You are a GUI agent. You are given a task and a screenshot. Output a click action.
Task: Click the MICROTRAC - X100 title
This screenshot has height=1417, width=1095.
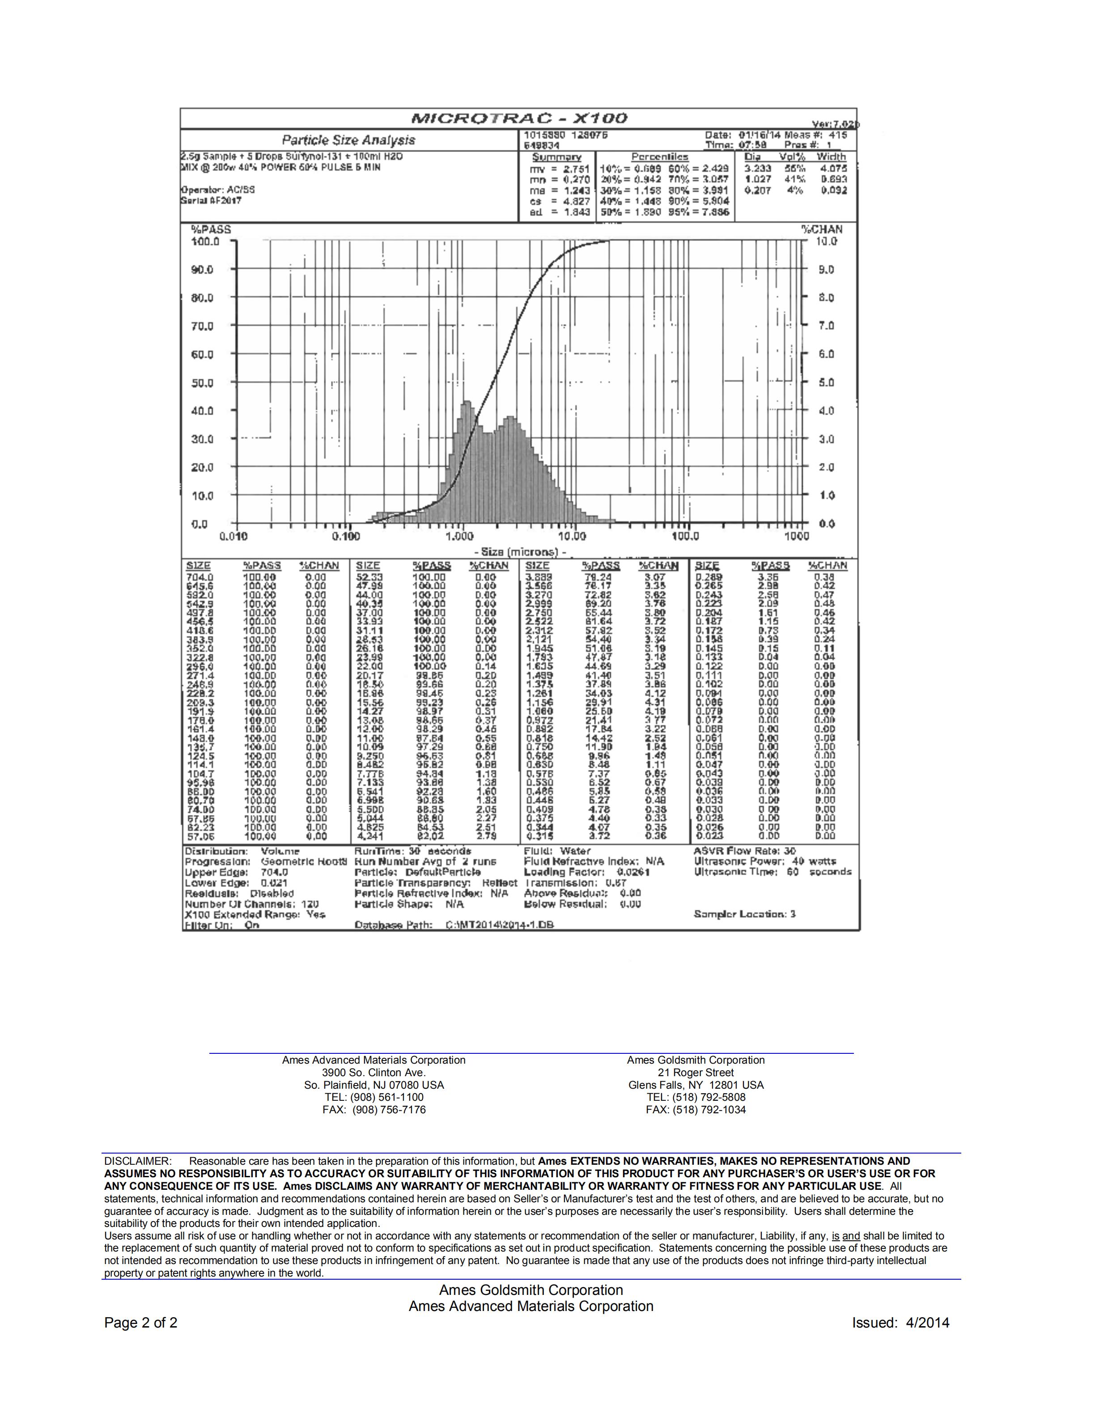pyautogui.click(x=519, y=118)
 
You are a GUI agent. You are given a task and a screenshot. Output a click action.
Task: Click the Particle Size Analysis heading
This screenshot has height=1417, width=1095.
pyautogui.click(x=348, y=140)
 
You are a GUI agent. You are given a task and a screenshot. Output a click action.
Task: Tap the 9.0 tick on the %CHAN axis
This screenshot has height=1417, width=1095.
pyautogui.click(x=826, y=270)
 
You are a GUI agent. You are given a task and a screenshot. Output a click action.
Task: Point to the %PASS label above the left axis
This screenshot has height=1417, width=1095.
pyautogui.click(x=211, y=229)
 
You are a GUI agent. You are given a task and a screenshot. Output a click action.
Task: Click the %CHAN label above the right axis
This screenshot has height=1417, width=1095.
pyautogui.click(x=822, y=229)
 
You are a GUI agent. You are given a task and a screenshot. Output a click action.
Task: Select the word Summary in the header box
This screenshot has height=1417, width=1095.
pyautogui.click(x=556, y=157)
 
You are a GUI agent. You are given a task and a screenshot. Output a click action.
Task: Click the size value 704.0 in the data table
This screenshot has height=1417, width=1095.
pyautogui.click(x=200, y=577)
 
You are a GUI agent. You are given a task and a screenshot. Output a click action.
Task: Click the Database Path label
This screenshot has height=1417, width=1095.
pyautogui.click(x=394, y=925)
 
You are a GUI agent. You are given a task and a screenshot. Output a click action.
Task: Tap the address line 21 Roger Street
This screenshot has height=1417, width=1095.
pyautogui.click(x=696, y=1073)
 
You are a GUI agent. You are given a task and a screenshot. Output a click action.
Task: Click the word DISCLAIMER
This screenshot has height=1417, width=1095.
pyautogui.click(x=137, y=1161)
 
